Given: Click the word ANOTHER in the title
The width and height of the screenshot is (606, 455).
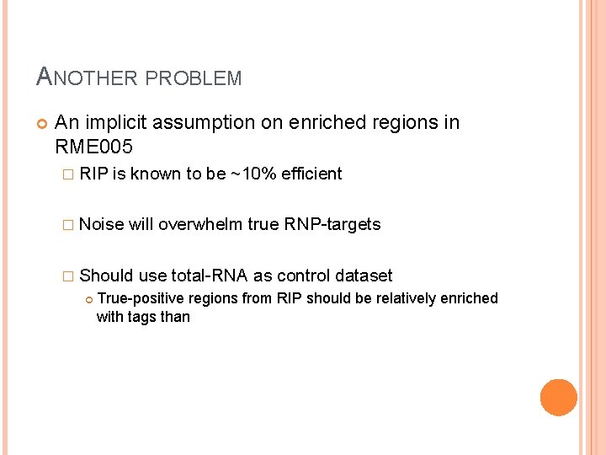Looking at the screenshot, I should point(88,78).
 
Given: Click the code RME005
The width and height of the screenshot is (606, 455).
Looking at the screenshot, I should point(93,147).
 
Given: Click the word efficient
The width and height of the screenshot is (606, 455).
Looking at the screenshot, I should point(311,174).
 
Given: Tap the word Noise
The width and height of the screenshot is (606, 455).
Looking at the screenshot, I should point(102,224).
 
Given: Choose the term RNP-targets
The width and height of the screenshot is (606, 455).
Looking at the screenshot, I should point(332,224).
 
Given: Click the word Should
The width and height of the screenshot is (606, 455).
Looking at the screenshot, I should point(105,276).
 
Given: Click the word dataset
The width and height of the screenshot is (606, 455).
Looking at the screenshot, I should point(364,276).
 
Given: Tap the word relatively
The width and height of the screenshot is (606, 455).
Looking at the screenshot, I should point(388,298).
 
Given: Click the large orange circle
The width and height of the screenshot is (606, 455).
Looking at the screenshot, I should point(559,398).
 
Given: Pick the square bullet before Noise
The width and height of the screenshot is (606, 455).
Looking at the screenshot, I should point(70,225).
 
